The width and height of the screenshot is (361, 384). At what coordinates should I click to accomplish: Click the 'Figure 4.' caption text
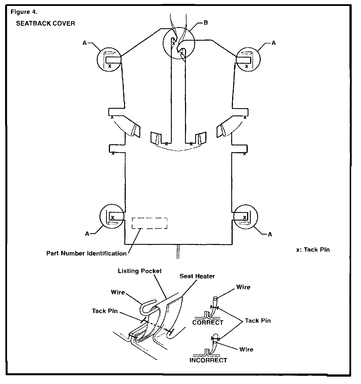24,12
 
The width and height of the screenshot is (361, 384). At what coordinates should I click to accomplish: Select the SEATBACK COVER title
45,23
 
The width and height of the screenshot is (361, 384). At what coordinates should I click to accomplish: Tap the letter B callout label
206,23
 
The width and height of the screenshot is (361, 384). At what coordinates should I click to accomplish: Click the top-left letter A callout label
85,43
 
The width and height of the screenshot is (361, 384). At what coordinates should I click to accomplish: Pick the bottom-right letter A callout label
270,234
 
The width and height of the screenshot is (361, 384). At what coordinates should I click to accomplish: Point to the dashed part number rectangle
150,223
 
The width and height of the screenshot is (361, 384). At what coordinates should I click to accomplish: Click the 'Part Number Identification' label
87,253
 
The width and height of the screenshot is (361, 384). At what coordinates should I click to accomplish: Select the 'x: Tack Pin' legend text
313,250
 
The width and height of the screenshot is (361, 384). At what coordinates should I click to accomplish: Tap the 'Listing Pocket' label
140,271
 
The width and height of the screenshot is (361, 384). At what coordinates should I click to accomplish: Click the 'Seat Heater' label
197,276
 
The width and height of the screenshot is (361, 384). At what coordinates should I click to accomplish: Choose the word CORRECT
208,322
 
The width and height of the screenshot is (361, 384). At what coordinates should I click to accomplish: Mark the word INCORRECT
208,360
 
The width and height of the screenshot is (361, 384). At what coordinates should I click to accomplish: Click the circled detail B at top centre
179,43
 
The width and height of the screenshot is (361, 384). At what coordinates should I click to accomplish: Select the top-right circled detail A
248,59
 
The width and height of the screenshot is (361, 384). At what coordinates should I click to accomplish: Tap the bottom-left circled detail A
112,217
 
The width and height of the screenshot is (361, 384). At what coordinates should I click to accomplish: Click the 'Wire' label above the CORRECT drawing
243,287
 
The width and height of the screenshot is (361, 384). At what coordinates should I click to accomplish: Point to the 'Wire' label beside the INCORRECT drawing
246,350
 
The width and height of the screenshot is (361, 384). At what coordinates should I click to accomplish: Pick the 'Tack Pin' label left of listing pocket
105,311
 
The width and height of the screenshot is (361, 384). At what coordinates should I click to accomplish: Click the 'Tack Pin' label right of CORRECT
258,320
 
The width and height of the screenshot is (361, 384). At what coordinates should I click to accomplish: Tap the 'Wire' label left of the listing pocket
118,292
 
